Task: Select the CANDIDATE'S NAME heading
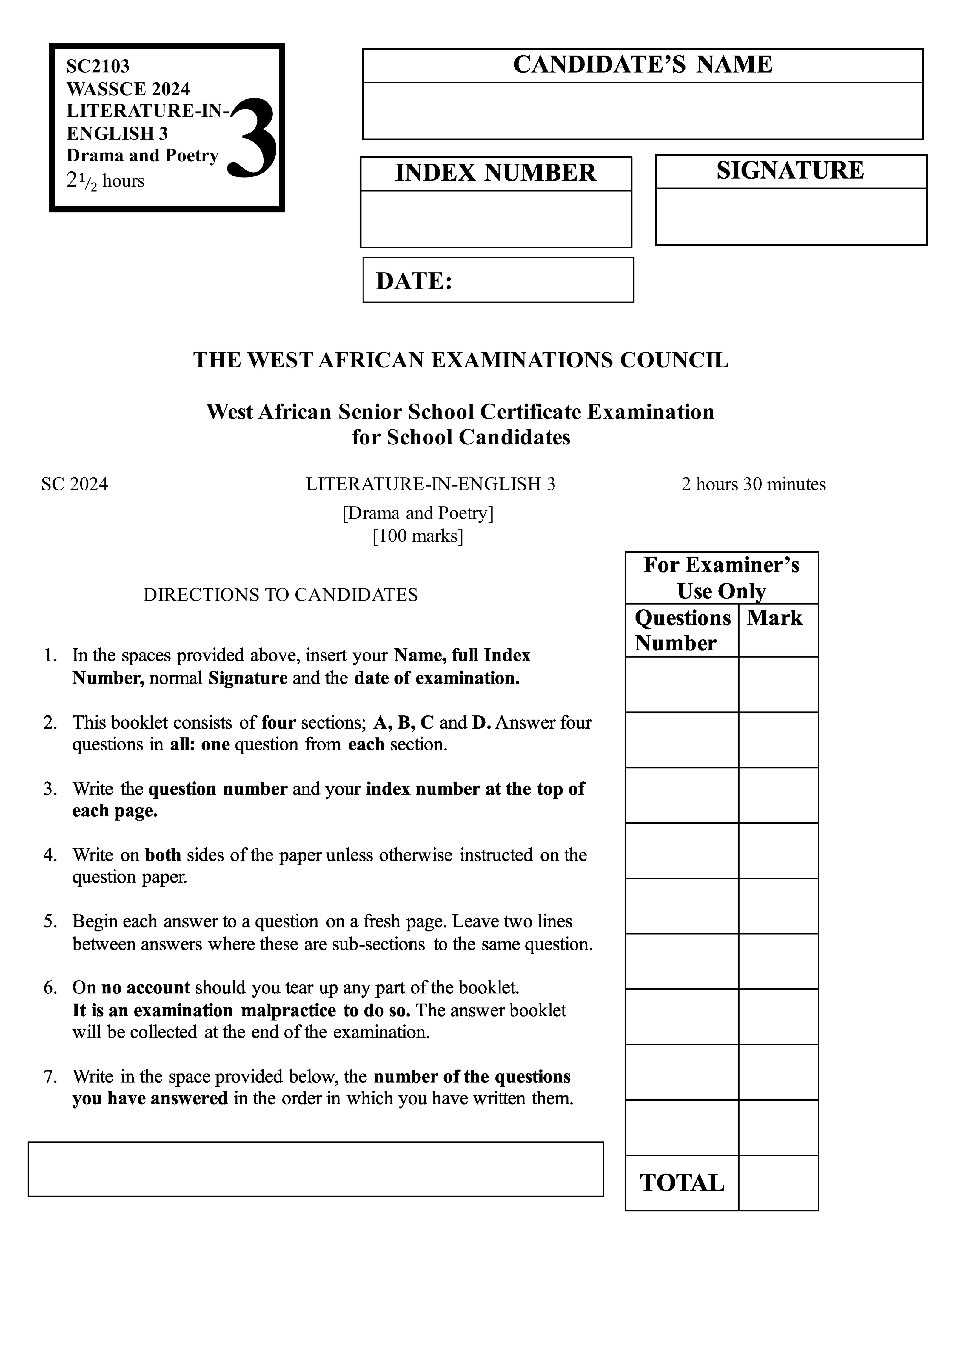point(643,65)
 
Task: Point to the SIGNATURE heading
point(790,171)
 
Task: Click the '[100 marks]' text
point(418,536)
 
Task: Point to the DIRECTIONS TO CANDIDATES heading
point(281,595)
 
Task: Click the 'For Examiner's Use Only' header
point(721,578)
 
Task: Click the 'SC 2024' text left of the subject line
point(75,484)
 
